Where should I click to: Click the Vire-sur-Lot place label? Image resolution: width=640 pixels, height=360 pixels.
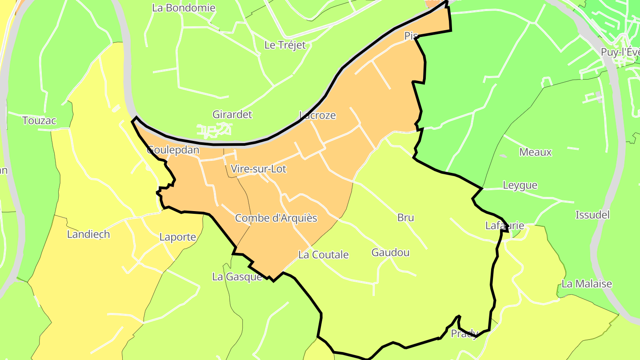point(259,169)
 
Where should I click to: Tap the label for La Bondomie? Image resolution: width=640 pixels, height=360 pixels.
point(184,8)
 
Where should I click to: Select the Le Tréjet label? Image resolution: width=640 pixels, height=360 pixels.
point(285,45)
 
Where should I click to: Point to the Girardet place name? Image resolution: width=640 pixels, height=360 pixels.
point(232,114)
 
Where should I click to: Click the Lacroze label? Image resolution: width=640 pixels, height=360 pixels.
point(317,116)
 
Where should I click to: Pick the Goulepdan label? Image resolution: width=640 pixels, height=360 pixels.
point(173,150)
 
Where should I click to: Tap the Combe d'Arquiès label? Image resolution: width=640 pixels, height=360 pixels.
point(276,218)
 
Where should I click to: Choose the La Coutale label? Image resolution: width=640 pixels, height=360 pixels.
point(324,255)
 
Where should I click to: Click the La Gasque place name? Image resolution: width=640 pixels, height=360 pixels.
point(237,277)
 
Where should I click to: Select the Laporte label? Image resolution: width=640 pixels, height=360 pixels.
point(178,237)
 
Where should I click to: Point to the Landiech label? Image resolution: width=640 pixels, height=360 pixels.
point(88,234)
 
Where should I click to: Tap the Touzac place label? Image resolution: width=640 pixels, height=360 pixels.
point(40,120)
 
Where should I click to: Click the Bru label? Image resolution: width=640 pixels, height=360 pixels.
point(406,218)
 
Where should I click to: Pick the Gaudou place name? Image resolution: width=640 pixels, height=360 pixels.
point(391,252)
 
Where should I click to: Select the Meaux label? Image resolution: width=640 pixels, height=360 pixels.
point(536,152)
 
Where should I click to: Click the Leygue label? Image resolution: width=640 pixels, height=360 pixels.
point(520,185)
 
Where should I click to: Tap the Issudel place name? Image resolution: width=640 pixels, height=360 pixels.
point(592,215)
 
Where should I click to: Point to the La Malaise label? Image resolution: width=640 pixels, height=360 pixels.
point(587,284)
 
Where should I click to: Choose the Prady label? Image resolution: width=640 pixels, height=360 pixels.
point(464,333)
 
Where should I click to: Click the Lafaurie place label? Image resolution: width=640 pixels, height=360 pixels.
point(504,226)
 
